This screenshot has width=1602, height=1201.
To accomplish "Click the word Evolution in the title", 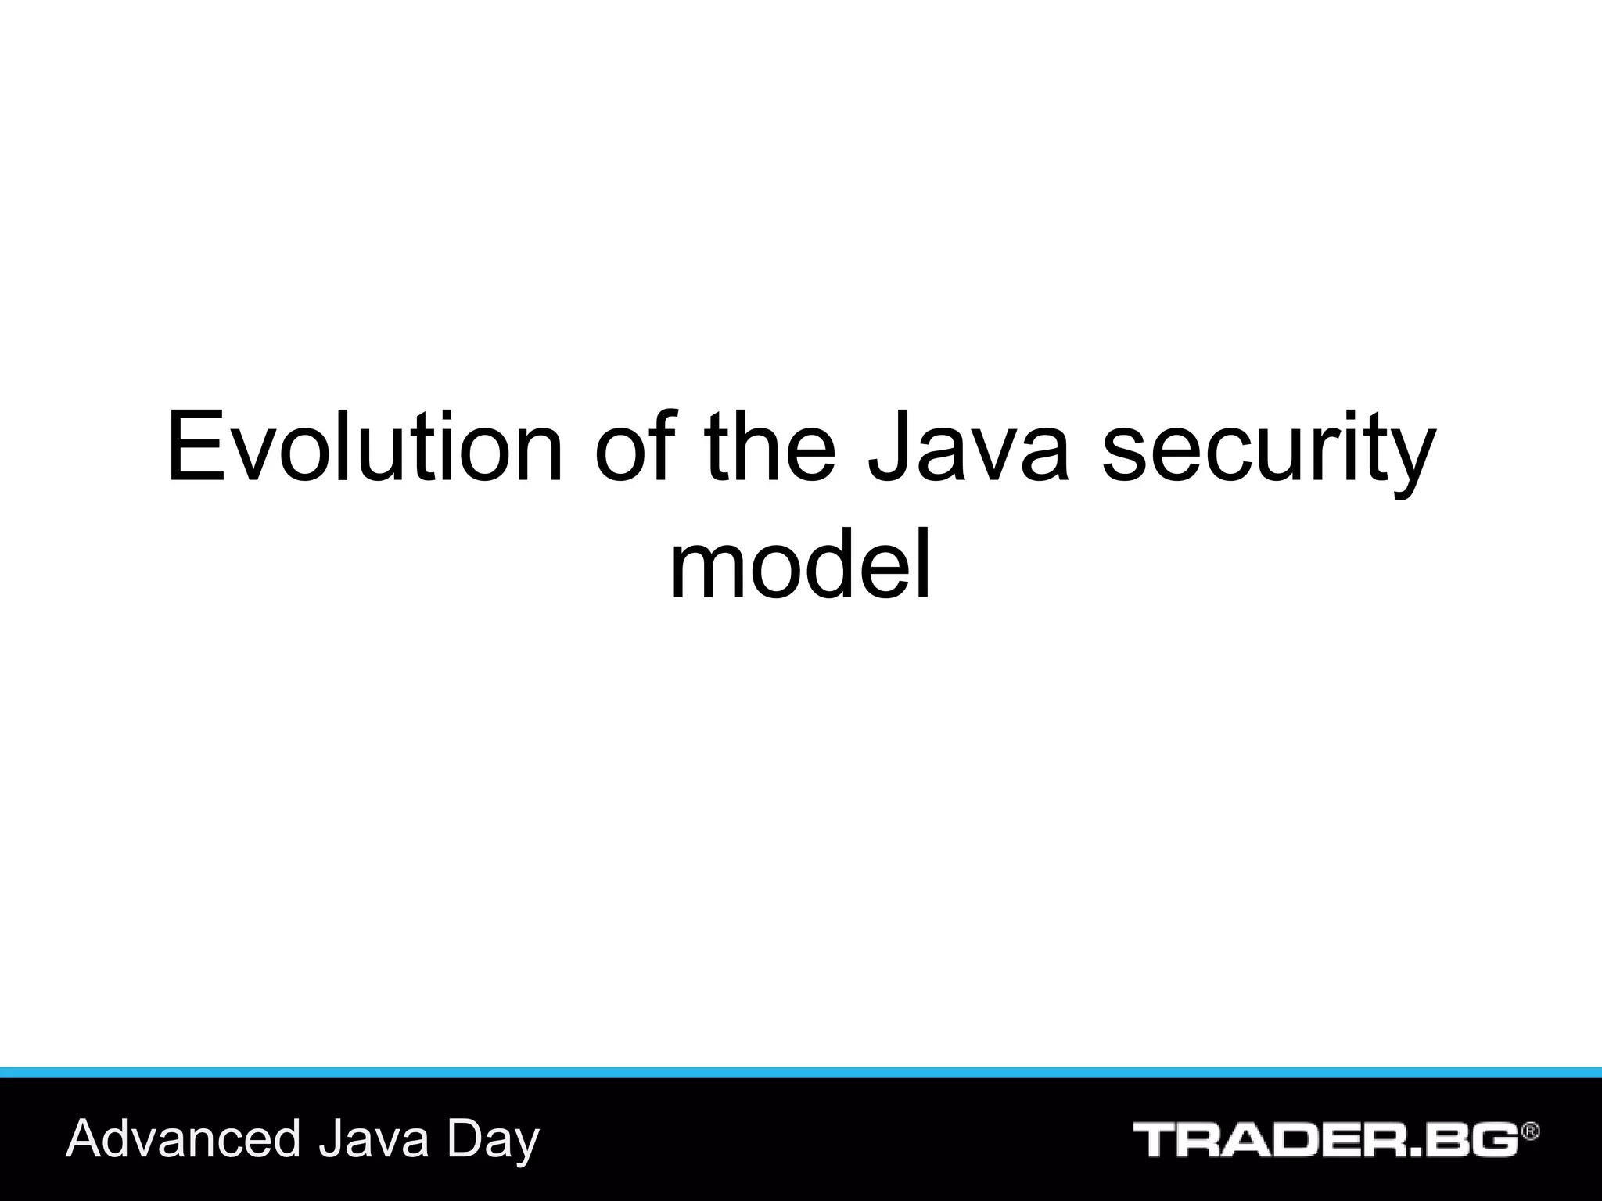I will point(364,447).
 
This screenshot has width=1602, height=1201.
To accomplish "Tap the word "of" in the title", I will point(632,447).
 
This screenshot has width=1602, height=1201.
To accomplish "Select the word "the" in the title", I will point(770,447).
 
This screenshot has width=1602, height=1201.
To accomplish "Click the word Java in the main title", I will point(968,447).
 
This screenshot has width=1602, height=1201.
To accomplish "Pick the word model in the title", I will point(800,565).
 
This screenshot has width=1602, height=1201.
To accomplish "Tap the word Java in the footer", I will point(374,1139).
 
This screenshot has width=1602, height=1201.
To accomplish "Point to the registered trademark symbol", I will point(1530,1131).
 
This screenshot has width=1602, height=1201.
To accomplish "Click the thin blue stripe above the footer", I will point(801,1072).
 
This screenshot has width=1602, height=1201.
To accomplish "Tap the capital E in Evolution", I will point(192,447).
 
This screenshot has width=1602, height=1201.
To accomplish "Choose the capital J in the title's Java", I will point(889,447).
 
